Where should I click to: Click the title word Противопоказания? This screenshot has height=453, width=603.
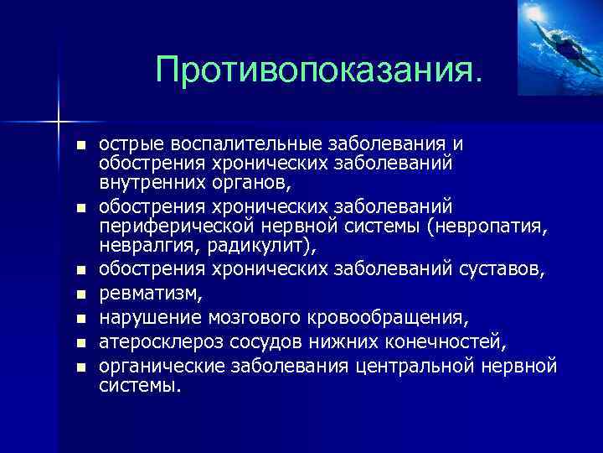319,70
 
